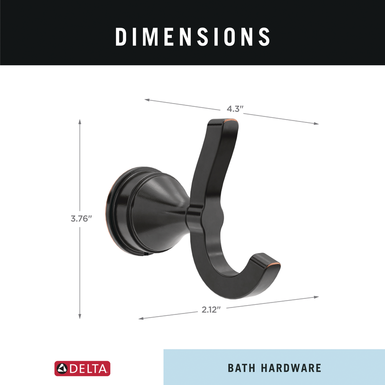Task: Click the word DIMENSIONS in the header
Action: pos(192,37)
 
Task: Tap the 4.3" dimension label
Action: pos(235,109)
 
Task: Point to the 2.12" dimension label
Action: pos(211,309)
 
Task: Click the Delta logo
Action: pos(82,368)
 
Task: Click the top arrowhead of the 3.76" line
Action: pos(80,121)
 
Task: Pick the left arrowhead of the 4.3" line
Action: pos(146,99)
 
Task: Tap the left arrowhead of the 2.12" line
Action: pos(141,318)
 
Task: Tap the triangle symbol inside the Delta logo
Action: pos(61,368)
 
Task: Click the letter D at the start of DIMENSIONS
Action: pos(121,37)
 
